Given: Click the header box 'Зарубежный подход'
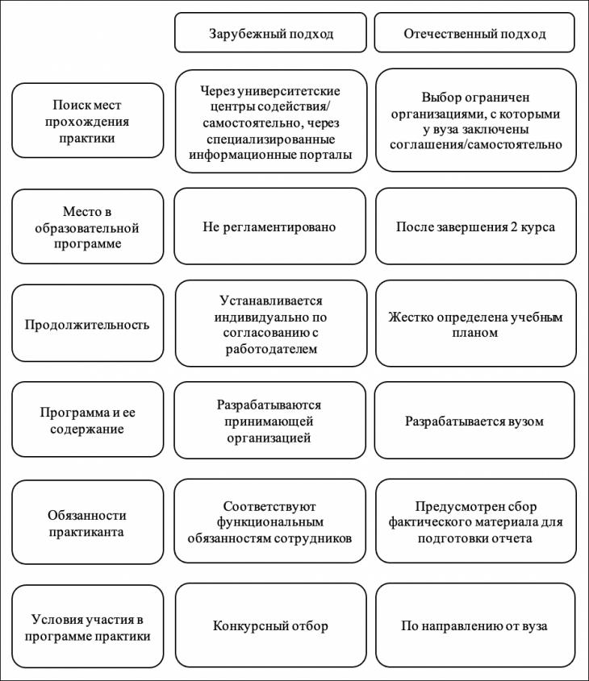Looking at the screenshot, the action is (x=270, y=32).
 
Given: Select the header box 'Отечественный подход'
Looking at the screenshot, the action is (x=474, y=32).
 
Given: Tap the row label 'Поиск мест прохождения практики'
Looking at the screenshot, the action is (x=87, y=121).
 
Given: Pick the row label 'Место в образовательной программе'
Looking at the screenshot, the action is (x=87, y=226).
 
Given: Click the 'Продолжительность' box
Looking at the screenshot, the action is (x=87, y=323).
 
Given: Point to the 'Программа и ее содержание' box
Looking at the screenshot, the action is (x=87, y=420).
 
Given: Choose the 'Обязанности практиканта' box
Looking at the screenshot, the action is (x=87, y=522).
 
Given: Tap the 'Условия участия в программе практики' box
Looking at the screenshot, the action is (x=87, y=627).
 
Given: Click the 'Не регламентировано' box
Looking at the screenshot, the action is (x=270, y=226).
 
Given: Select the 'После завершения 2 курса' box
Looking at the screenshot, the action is (x=476, y=226).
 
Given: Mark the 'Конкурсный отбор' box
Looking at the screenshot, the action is (x=271, y=625).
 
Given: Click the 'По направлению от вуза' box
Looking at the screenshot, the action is (x=475, y=625).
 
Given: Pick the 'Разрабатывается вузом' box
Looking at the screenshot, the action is (x=474, y=421).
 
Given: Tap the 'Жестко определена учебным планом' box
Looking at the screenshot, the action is (x=476, y=323).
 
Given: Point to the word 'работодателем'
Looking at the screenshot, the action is (x=271, y=349).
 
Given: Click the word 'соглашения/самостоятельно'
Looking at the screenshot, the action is (x=476, y=144).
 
